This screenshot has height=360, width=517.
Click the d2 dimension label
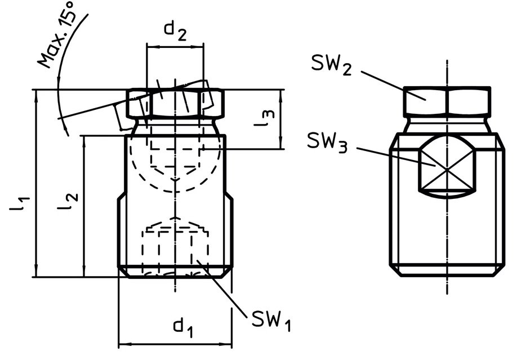click(x=175, y=32)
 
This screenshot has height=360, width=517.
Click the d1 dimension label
click(x=183, y=327)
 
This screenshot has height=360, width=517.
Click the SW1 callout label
click(x=271, y=320)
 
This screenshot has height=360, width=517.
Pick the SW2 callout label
click(x=331, y=64)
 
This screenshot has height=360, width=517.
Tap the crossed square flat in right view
click(x=447, y=169)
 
